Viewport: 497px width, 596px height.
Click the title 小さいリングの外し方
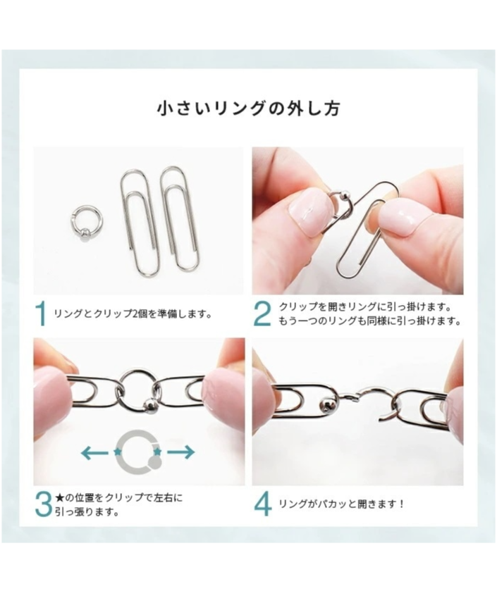248,108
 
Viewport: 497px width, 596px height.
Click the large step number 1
41,313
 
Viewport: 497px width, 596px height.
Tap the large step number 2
262,313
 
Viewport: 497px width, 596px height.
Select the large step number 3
43,504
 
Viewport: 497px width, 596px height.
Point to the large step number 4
263,504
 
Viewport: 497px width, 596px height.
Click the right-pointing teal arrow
181,452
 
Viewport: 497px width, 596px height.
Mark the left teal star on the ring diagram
117,452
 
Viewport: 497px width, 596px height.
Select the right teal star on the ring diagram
157,452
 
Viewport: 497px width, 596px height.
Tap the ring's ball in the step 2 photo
342,196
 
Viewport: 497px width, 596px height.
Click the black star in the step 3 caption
59,497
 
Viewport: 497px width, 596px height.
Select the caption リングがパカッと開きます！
341,504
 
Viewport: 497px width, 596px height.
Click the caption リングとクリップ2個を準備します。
133,314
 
